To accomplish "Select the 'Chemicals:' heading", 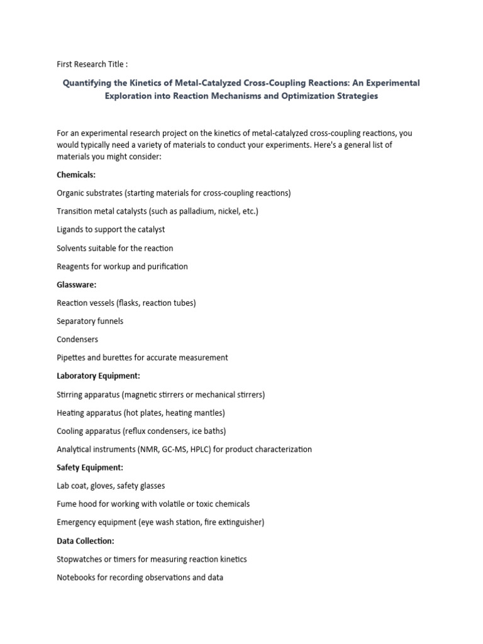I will point(76,174).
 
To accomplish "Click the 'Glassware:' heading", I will point(77,284).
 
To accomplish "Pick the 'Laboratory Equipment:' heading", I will point(98,376).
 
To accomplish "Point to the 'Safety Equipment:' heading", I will point(89,467).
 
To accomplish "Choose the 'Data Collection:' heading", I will point(86,541).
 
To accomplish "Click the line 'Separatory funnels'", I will point(90,321).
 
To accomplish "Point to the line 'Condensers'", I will point(77,340).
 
